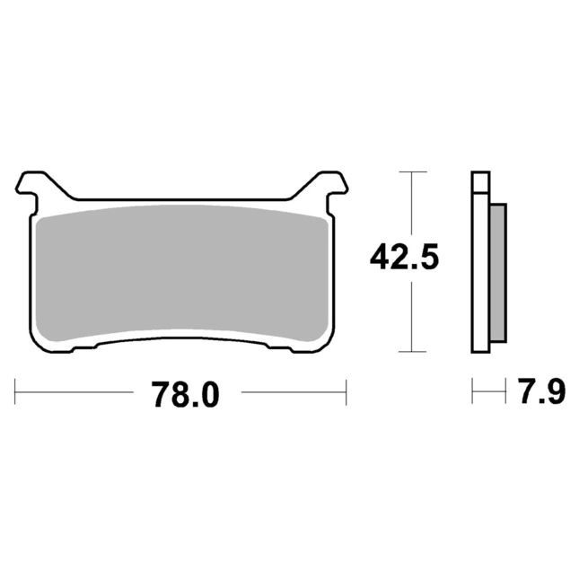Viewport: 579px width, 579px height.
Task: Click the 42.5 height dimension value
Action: pos(404,257)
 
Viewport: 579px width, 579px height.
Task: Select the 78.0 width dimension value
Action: pos(185,394)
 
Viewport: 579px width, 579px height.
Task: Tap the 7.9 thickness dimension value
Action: pos(542,391)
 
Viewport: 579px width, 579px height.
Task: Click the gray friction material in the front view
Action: pos(182,273)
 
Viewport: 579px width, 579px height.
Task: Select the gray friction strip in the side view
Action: pos(498,273)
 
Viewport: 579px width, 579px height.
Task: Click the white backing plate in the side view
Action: pos(481,273)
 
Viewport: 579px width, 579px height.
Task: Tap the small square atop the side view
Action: pos(481,182)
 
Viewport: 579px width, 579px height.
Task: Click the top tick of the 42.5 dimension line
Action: pos(413,171)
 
